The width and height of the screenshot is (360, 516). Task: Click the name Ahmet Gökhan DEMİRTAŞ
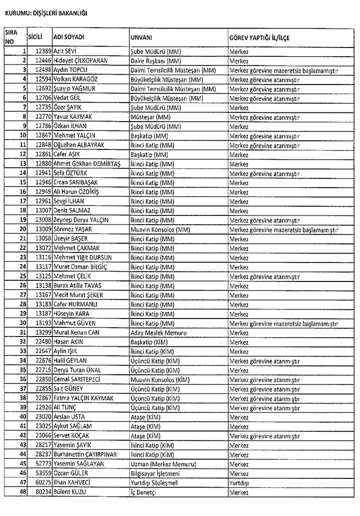pos(86,164)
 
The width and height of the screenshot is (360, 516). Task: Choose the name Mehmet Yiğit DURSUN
pos(82,256)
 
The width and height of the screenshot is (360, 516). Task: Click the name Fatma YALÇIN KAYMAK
pos(83,398)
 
